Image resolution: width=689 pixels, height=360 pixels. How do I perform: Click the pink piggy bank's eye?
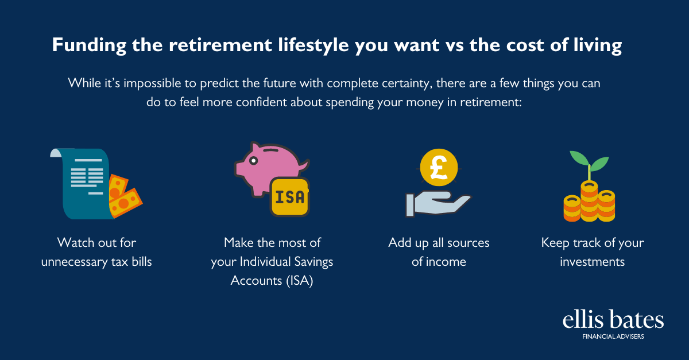253,161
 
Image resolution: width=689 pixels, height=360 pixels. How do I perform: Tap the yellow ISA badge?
290,197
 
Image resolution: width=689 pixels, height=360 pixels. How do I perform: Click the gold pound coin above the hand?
439,168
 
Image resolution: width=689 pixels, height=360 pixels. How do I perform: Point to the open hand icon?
438,204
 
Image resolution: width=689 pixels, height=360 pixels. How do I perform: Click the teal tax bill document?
80,184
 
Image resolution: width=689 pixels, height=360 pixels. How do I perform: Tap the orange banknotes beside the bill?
124,196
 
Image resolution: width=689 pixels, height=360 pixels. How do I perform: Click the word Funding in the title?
89,45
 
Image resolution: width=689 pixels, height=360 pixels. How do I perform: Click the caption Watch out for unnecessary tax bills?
96,252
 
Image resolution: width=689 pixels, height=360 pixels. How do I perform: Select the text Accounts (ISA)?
272,281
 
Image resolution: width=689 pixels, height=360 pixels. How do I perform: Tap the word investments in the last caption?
593,262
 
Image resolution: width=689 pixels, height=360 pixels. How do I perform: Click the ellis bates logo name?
613,320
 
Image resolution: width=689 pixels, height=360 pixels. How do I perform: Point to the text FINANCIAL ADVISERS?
613,336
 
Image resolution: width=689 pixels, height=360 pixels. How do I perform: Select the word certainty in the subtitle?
407,83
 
